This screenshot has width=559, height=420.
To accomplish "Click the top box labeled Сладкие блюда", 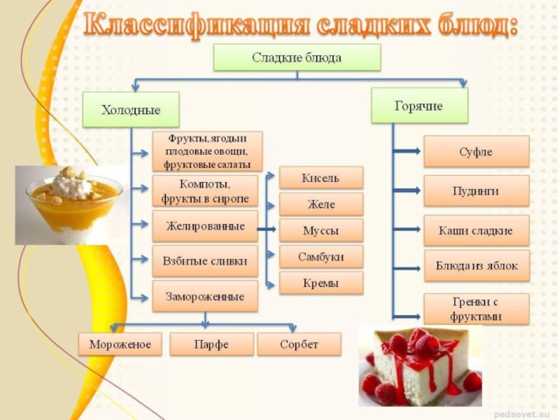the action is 297,57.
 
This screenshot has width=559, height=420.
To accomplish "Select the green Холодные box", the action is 131,109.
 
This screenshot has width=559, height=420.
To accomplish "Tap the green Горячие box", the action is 419,106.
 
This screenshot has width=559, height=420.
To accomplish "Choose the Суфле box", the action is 477,151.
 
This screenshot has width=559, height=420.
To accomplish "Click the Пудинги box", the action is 477,190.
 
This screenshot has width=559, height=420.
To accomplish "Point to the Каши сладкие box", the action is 477,230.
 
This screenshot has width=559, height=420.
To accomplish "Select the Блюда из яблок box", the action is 477,266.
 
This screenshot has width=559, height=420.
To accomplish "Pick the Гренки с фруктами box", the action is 477,309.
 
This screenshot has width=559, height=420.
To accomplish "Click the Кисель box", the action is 321,178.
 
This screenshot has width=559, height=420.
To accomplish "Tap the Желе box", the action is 321,204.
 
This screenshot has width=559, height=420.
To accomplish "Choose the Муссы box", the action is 321,230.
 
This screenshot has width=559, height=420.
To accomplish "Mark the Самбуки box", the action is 321,256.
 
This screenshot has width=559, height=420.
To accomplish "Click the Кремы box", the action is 321,283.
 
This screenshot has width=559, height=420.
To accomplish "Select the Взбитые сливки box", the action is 205,261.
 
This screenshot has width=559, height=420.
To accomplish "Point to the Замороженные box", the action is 205,296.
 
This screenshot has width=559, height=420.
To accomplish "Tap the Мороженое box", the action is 120,344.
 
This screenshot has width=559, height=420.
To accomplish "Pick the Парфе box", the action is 212,344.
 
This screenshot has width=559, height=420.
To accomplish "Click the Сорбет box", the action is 299,344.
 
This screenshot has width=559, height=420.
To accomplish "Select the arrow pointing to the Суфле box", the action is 407,151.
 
